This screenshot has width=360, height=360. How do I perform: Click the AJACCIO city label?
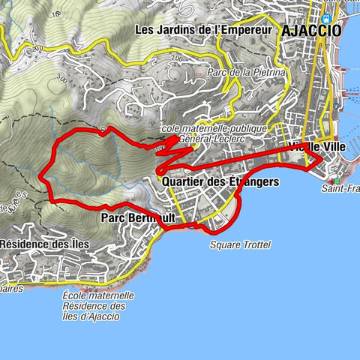311,31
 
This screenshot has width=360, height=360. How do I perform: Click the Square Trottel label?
240,245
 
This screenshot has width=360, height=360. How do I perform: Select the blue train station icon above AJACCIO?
325,19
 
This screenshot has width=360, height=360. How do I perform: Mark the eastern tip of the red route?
322,159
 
